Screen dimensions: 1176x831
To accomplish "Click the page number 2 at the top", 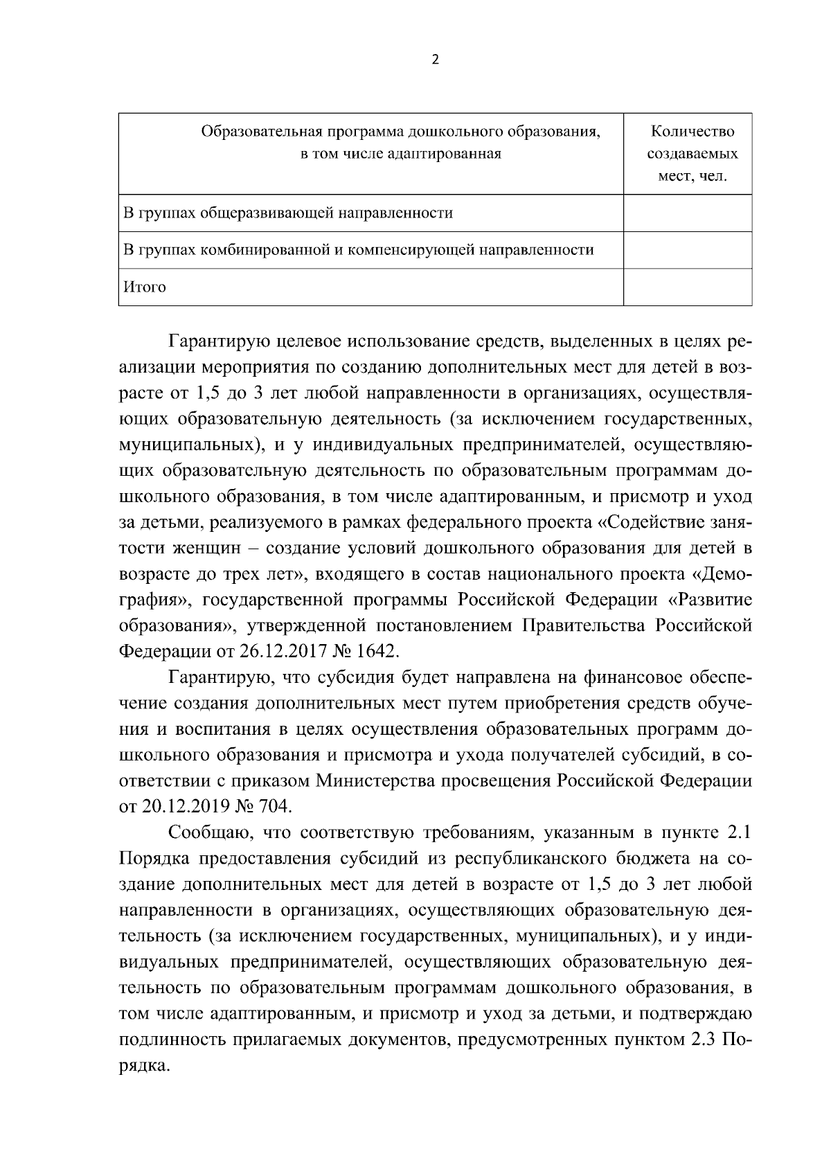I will click(x=435, y=60).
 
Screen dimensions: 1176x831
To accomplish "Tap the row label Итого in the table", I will click(x=145, y=287).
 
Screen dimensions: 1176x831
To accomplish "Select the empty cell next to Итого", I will click(x=688, y=287).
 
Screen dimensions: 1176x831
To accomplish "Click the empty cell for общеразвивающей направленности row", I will click(x=688, y=213).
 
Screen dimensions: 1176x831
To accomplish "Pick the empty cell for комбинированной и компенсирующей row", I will click(x=688, y=250).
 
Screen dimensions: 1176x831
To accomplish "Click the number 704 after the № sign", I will click(x=276, y=807).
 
